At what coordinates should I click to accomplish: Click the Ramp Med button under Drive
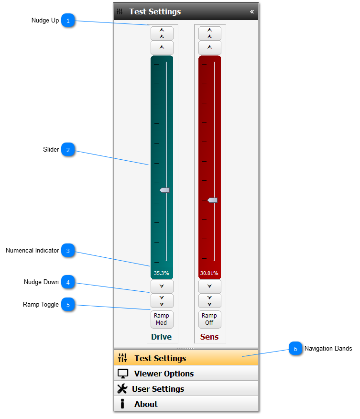(162, 319)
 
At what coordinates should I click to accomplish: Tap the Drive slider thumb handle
(164, 190)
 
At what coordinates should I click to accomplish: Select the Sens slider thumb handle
(212, 200)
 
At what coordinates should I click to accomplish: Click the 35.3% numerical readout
(161, 273)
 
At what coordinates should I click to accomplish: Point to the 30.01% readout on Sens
(209, 273)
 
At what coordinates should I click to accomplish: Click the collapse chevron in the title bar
(252, 11)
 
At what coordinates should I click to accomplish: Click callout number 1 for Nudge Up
(68, 21)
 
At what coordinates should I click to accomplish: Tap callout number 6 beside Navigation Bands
(295, 349)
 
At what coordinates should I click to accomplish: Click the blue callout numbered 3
(68, 251)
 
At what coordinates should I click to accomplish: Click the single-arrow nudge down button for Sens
(209, 286)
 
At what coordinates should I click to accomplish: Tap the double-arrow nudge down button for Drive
(162, 301)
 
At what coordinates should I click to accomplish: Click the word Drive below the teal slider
(161, 337)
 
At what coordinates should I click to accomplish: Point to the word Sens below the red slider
(209, 337)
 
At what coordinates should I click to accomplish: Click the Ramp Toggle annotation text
(41, 304)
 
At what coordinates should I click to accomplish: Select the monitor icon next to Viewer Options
(123, 374)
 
